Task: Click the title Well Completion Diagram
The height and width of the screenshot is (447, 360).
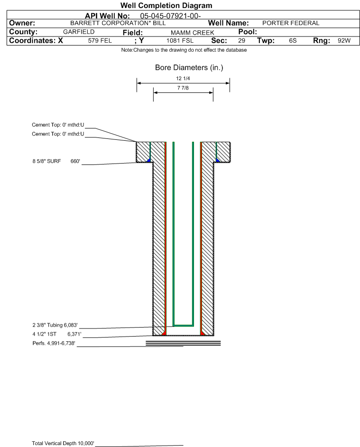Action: click(166, 5)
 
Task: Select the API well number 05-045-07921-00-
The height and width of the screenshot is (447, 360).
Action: click(170, 16)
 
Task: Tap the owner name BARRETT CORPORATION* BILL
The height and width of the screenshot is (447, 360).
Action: click(118, 23)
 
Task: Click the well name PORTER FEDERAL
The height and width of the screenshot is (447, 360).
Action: click(291, 23)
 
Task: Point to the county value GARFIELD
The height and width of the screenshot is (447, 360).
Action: click(79, 32)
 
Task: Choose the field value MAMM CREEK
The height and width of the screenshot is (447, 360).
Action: click(192, 33)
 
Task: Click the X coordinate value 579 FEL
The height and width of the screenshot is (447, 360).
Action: click(100, 41)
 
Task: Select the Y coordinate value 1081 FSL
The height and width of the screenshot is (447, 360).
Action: click(180, 41)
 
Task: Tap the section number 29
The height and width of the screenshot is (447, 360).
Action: click(241, 41)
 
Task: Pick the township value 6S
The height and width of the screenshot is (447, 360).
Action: click(293, 41)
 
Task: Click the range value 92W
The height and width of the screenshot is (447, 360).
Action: click(344, 41)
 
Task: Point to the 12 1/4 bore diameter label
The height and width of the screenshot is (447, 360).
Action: click(183, 78)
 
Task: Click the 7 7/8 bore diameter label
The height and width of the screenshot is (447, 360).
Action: click(183, 88)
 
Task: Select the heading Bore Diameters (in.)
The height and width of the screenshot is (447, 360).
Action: click(189, 68)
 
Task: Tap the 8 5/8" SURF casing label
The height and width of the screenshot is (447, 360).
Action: click(46, 161)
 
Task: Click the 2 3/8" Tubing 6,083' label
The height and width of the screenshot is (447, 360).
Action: click(55, 325)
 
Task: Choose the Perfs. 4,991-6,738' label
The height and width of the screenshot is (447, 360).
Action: click(54, 343)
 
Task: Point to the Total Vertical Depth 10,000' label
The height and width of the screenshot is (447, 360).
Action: click(63, 443)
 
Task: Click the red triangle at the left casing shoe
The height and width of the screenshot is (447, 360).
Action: click(164, 333)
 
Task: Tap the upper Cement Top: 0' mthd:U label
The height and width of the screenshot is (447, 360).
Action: click(58, 125)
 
